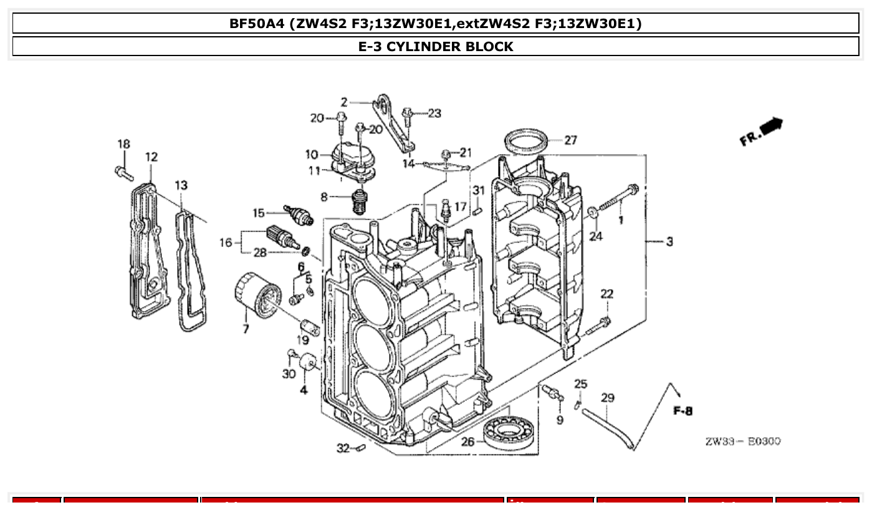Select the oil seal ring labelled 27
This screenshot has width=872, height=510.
[527, 141]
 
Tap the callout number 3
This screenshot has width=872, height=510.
[669, 242]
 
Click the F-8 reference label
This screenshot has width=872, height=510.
[683, 411]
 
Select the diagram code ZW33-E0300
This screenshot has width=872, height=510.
[742, 441]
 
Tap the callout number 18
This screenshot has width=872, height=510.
[123, 145]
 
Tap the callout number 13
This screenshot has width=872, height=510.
[181, 185]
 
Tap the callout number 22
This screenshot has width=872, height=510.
[606, 294]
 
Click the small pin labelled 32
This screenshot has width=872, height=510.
[360, 448]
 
